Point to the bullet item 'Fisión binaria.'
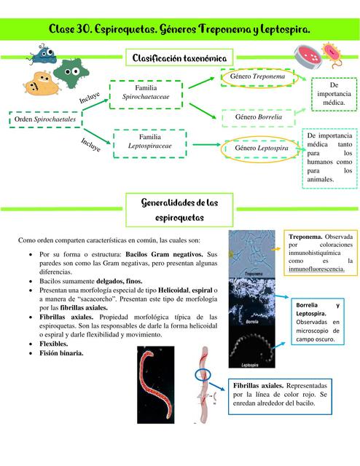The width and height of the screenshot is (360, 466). coord(66,353)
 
